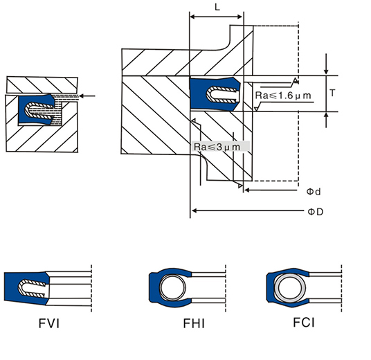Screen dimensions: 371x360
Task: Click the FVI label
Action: (x=49, y=323)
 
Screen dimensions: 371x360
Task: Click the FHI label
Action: (x=194, y=323)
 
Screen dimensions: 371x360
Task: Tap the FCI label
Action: (x=304, y=323)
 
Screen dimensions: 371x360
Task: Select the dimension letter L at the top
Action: (x=217, y=7)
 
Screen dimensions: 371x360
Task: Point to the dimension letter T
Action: (x=332, y=93)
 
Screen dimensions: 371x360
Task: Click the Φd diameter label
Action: (x=314, y=192)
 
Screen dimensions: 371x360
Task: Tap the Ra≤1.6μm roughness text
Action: (x=282, y=96)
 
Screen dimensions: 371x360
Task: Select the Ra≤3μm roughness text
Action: (x=217, y=147)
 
